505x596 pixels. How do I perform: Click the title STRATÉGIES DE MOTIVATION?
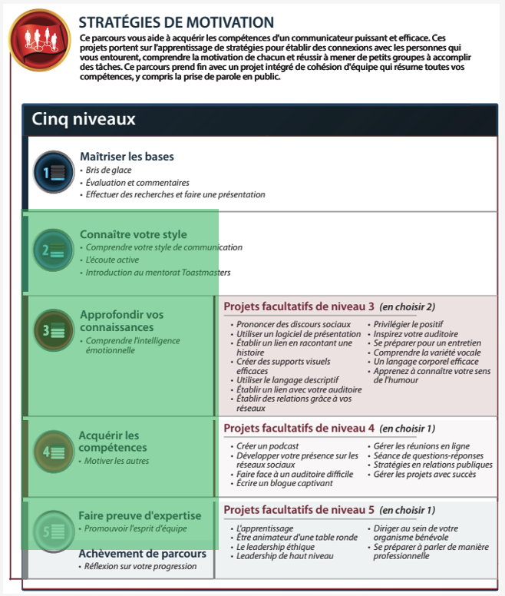(177, 23)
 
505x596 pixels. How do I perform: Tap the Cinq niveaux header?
(84, 120)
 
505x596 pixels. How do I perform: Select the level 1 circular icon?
(53, 172)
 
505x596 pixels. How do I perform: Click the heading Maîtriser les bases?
(127, 157)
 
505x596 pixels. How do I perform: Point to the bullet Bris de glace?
(108, 170)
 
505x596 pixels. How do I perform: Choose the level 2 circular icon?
(53, 249)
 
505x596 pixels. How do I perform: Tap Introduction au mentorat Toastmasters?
(157, 273)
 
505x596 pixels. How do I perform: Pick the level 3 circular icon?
(53, 330)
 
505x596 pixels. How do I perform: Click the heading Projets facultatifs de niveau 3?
(299, 306)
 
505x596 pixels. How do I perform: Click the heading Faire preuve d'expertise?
(140, 515)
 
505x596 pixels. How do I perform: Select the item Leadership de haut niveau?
(285, 556)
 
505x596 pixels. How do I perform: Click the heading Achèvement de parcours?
(143, 554)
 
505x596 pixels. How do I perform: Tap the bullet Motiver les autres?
(117, 461)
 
